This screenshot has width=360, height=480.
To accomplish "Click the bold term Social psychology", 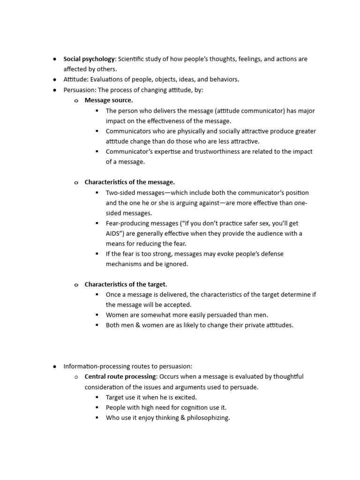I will pos(89,59).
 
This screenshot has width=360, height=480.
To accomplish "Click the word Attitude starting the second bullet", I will pos(75,80).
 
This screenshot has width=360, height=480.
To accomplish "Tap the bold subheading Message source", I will pos(109,100).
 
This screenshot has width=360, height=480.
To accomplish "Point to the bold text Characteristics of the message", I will pos(130,182).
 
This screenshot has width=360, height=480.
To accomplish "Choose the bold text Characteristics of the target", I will pos(126,284).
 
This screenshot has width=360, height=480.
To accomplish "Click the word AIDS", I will pos(114,233).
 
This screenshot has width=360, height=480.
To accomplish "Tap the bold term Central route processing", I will pos(120,376).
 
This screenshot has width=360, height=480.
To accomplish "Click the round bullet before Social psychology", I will pos(55,60).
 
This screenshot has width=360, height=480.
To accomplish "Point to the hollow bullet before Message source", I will pos(76,101).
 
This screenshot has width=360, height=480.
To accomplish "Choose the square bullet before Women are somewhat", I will pos(97,315).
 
